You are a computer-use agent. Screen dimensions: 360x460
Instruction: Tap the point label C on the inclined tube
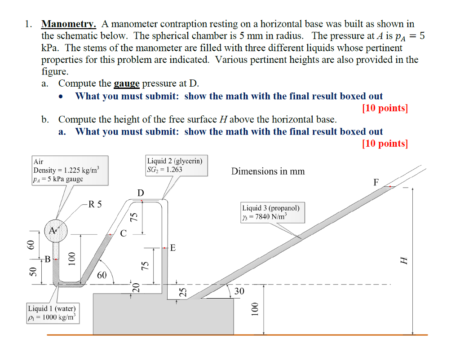[124, 233]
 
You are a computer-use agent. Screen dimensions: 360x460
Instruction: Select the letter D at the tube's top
[141, 193]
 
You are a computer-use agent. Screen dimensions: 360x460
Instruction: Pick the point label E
[173, 248]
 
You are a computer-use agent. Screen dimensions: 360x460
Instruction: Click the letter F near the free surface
[376, 182]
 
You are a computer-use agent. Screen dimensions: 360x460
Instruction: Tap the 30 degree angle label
[239, 291]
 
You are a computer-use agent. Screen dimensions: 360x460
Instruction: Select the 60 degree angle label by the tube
[102, 275]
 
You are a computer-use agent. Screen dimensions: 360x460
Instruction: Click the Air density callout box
[70, 171]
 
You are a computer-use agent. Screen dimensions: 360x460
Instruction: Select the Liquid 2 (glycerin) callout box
[177, 165]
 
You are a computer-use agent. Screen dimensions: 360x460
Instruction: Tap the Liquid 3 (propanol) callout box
[273, 212]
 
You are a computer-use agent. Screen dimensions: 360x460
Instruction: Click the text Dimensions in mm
[268, 171]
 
